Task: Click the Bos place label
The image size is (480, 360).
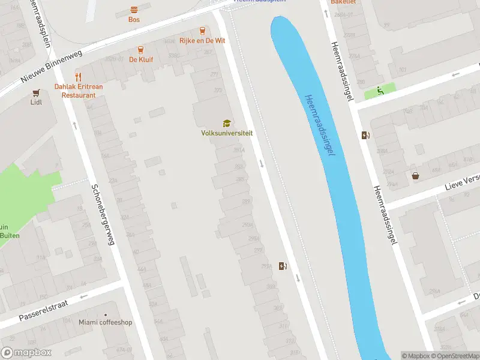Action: (134, 19)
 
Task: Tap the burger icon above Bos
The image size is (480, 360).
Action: (134, 9)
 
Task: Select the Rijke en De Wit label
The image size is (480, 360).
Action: (202, 41)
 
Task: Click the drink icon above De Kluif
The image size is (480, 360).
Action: (140, 50)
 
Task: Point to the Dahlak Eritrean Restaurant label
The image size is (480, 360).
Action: (79, 91)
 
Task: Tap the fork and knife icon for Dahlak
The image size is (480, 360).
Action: (78, 77)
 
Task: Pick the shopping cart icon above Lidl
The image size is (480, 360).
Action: (37, 93)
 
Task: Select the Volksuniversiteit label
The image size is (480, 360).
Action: (227, 133)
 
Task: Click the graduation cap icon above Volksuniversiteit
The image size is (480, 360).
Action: (227, 123)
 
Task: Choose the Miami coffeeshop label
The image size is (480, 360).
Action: (106, 322)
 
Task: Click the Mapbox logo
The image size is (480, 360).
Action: (26, 353)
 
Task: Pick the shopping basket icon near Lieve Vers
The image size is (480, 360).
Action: (415, 176)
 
